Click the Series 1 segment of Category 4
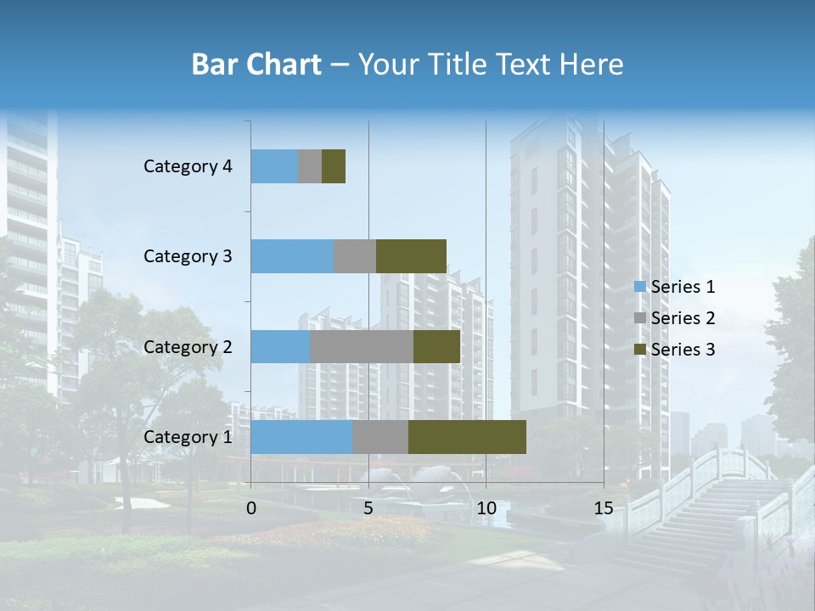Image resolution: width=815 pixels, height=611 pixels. tap(274, 166)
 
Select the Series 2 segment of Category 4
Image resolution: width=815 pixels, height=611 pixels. tap(310, 166)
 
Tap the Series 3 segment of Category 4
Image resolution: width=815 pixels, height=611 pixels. tap(334, 166)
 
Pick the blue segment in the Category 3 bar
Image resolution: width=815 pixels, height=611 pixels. tap(292, 256)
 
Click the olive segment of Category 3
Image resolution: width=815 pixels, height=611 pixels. tap(411, 256)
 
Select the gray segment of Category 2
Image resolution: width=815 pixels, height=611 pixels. tap(362, 347)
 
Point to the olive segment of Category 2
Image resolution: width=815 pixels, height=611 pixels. tap(436, 347)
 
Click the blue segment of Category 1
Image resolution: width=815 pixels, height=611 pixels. tap(301, 437)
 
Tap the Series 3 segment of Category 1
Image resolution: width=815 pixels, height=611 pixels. tap(467, 437)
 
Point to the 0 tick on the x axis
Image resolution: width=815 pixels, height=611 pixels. tap(251, 508)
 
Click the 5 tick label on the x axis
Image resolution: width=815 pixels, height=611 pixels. tap(368, 508)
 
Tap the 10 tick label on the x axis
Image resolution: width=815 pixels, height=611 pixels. tap(486, 508)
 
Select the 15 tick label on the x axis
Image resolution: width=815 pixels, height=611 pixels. tap(604, 508)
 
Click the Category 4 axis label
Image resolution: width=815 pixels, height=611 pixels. tap(188, 166)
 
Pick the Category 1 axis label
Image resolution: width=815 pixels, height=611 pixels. tap(188, 437)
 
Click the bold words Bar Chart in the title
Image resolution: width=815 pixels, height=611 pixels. tap(256, 64)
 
